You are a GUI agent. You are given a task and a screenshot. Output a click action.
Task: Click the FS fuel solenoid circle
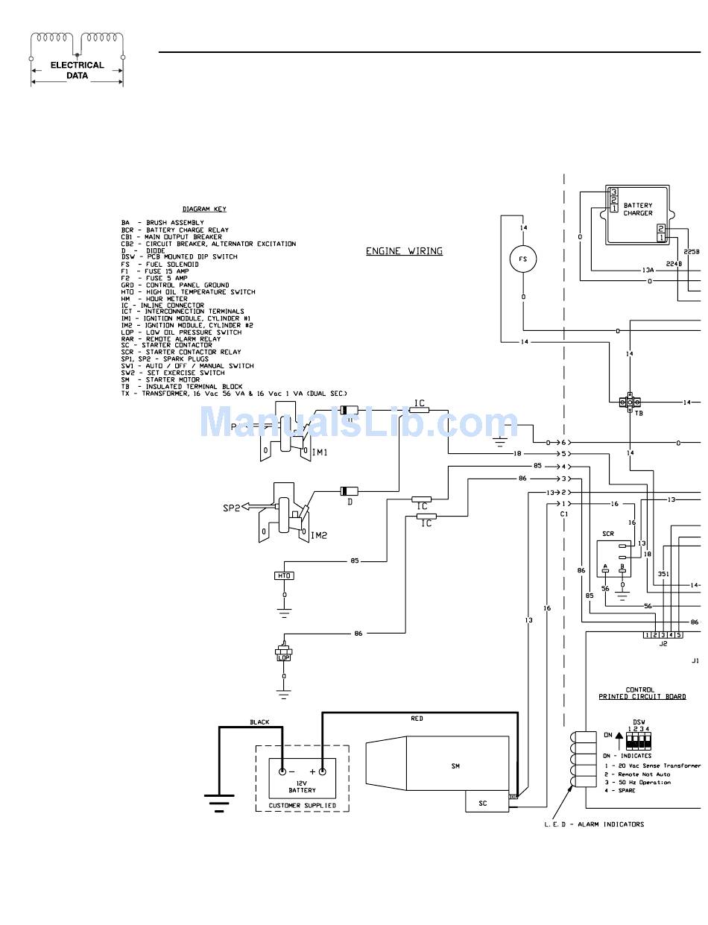(523, 259)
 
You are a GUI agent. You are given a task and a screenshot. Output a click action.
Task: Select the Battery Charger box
(638, 215)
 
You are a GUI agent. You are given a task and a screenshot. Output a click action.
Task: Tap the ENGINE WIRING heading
(404, 251)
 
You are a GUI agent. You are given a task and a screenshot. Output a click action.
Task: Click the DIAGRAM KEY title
(204, 209)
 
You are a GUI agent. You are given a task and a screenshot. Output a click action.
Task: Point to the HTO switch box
(284, 575)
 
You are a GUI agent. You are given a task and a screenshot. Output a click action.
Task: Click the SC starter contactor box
(483, 803)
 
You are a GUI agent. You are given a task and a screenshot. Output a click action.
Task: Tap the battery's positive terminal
(323, 772)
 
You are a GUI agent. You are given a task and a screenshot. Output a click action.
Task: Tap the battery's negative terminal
(282, 772)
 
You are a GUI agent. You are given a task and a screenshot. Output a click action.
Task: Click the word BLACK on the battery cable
(259, 722)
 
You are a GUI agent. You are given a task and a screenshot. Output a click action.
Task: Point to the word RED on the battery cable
(417, 719)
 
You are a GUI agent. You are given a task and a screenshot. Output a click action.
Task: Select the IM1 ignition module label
(319, 452)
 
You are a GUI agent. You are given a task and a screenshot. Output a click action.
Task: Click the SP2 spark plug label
(232, 508)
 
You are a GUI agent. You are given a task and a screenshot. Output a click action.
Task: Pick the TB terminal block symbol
(630, 402)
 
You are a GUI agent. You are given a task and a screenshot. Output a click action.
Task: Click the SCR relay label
(608, 534)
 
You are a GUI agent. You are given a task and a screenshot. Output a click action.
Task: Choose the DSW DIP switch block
(639, 739)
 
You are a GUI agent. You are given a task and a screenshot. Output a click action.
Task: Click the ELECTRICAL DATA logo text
(77, 70)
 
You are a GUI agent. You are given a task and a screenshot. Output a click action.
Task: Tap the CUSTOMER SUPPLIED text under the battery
(302, 806)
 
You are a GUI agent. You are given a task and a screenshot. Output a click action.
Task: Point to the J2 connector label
(663, 644)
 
